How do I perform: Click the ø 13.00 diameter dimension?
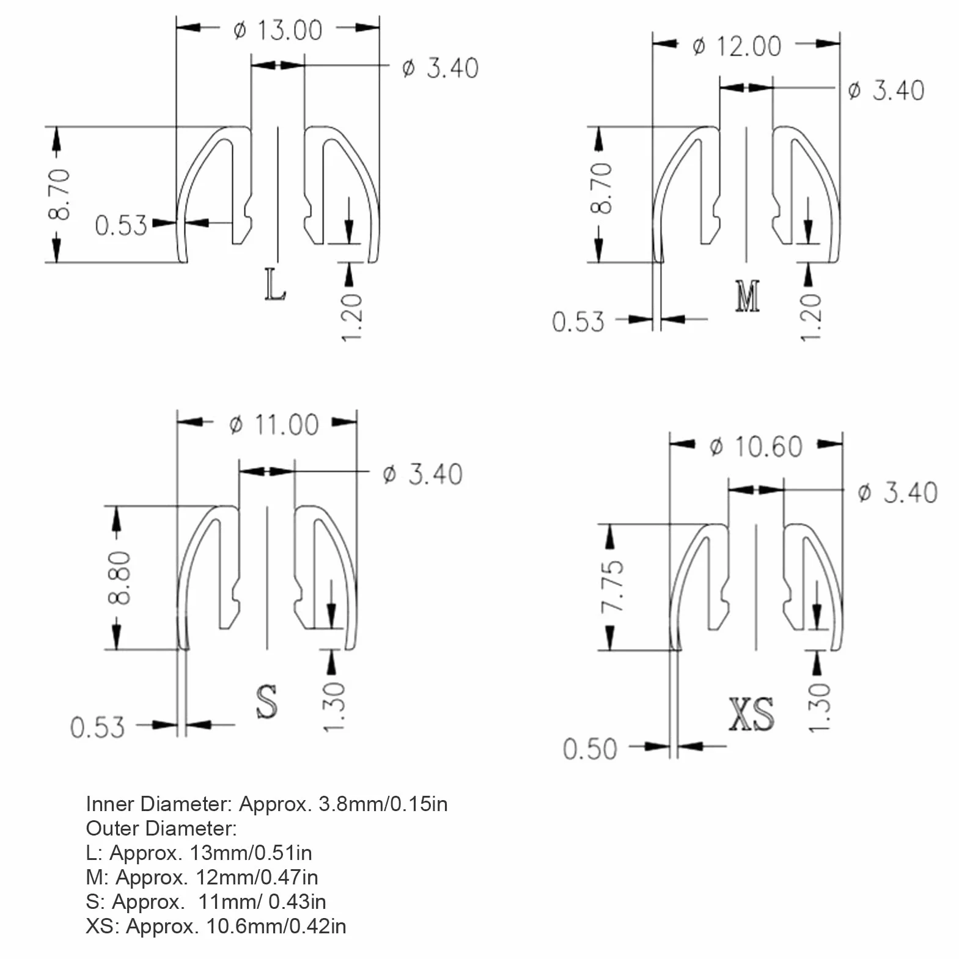(277, 30)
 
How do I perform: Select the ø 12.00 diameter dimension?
(737, 46)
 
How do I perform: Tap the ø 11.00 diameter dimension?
(274, 425)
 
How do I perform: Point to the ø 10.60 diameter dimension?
(756, 447)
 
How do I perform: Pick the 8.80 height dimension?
(119, 578)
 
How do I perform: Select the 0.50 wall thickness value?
(590, 749)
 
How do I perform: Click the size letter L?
(275, 285)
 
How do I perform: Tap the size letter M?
(748, 296)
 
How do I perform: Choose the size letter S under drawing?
(266, 701)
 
